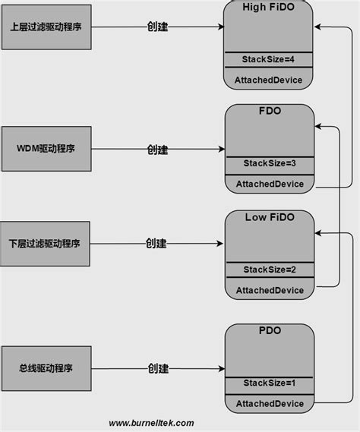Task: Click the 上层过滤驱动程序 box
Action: [x=46, y=27]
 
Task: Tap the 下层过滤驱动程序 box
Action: [x=46, y=244]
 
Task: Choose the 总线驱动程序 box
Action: [x=46, y=368]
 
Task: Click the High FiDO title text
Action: [x=269, y=7]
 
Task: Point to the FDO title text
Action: [x=269, y=112]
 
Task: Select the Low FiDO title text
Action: [x=269, y=218]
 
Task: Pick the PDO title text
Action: [x=269, y=331]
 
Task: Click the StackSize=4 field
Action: [x=269, y=59]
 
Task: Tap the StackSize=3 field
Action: [x=269, y=163]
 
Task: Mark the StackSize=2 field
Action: [x=269, y=270]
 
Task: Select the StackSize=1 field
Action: [x=269, y=383]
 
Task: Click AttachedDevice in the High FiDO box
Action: [x=269, y=80]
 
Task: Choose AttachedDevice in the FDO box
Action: [x=269, y=184]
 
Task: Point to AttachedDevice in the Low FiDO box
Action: [x=269, y=290]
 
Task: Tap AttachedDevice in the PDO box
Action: [x=269, y=404]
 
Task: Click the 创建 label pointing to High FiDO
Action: [x=157, y=27]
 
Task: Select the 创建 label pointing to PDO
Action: [x=157, y=368]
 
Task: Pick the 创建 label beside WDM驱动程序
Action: [x=157, y=150]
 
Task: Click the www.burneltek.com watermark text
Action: [x=151, y=423]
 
